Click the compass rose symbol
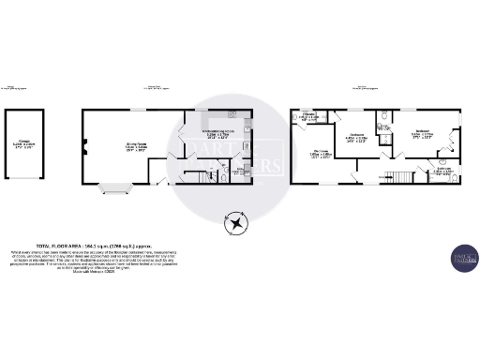click(233, 222)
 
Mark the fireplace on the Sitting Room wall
click(85, 146)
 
